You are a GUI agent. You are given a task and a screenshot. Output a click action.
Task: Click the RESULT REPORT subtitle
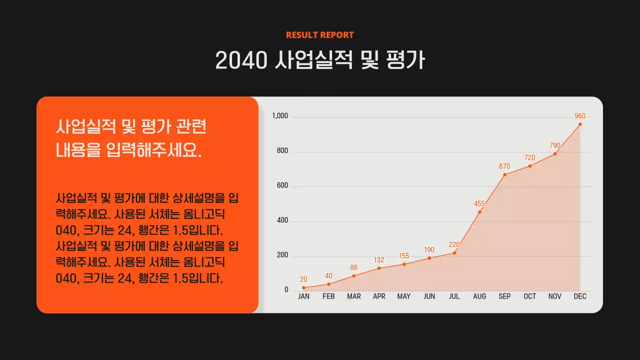(319, 35)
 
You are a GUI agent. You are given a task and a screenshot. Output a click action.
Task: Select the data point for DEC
(580, 124)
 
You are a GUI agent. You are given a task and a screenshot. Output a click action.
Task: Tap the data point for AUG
(479, 212)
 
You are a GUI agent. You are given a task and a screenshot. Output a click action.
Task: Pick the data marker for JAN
(303, 288)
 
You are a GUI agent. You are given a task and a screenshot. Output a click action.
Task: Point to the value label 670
(504, 166)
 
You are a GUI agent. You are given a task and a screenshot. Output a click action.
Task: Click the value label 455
(479, 204)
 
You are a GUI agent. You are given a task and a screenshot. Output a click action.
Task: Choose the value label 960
(580, 116)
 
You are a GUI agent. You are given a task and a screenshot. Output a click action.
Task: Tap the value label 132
(379, 260)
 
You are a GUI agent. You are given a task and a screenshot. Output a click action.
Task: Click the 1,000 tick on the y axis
(280, 116)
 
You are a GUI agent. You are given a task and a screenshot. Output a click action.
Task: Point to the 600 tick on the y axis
(282, 186)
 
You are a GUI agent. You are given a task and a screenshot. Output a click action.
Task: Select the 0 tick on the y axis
(286, 290)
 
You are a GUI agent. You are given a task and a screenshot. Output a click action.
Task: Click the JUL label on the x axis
(454, 296)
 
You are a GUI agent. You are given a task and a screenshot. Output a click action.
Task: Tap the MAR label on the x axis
(354, 296)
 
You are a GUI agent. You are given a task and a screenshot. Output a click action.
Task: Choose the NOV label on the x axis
(554, 296)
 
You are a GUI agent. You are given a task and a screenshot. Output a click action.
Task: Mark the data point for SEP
(504, 174)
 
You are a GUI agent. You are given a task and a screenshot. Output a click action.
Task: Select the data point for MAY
(404, 264)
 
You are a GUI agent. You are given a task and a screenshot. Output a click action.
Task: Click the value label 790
(555, 145)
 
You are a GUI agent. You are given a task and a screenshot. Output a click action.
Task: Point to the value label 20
(303, 279)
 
